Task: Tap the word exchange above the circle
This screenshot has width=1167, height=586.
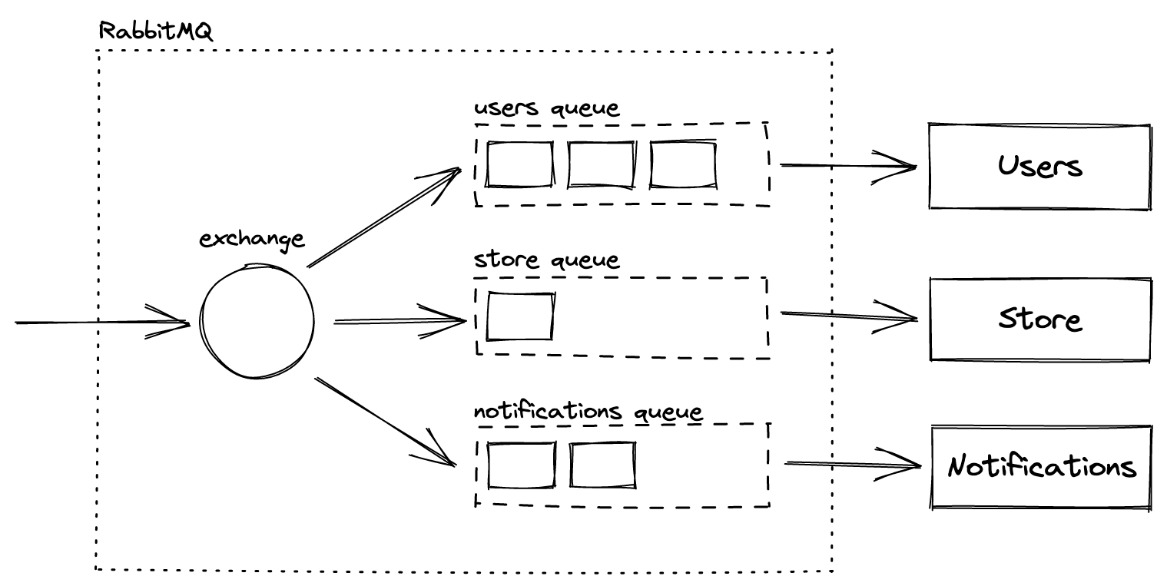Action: (252, 239)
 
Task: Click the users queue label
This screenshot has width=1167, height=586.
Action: (546, 108)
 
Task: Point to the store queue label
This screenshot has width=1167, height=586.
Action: (546, 260)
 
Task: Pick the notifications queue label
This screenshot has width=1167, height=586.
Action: (588, 412)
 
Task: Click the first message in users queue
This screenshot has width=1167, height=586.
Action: (519, 164)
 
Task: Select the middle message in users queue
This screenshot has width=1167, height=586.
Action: (602, 164)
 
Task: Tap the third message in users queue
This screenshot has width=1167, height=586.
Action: (683, 164)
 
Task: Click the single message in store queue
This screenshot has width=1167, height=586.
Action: (521, 316)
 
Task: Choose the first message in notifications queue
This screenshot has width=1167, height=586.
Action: (521, 465)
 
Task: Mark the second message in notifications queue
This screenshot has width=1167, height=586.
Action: (602, 465)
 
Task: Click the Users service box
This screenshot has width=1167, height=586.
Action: (1040, 166)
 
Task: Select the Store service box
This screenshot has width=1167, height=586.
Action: (1040, 318)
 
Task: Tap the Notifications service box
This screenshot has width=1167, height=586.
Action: (1042, 466)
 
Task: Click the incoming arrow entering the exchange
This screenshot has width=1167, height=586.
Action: (100, 323)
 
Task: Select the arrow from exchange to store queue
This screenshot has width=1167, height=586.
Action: (399, 321)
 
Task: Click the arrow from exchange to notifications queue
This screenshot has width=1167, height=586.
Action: (384, 421)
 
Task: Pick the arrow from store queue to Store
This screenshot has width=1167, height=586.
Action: (849, 315)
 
